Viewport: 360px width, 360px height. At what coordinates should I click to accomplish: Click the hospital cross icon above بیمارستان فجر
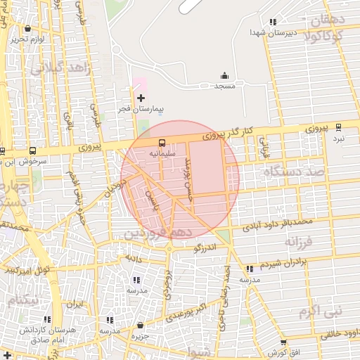(x=141, y=97)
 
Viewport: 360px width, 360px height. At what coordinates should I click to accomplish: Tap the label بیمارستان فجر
(x=141, y=110)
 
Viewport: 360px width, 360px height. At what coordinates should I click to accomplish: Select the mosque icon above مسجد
(x=224, y=76)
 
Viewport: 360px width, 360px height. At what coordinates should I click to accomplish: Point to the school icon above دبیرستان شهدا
(x=273, y=22)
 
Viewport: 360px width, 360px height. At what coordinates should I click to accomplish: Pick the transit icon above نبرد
(x=339, y=127)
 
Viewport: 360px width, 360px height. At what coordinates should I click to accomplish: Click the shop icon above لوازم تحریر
(x=27, y=29)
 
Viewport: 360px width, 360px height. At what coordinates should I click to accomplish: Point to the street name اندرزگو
(x=206, y=247)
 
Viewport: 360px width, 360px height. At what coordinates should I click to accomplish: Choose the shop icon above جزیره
(x=141, y=326)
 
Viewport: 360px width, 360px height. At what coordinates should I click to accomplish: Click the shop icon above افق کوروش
(x=283, y=342)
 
